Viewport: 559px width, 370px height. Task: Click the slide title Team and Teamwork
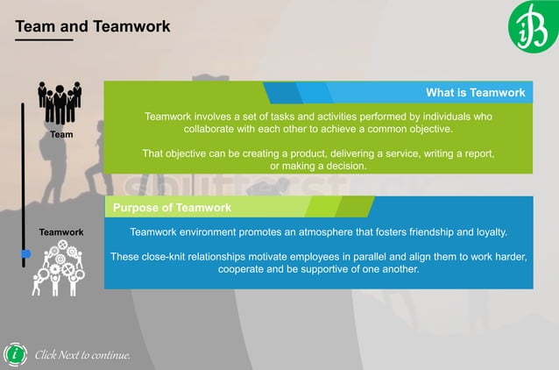(93, 26)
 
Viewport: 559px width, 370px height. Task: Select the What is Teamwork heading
(475, 92)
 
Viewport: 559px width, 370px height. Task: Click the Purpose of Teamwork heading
(172, 208)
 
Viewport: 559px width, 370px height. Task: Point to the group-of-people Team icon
(60, 103)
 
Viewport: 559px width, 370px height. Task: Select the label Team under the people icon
(61, 135)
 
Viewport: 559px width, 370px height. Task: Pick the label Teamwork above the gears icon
(61, 232)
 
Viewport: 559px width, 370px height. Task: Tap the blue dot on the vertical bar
(25, 253)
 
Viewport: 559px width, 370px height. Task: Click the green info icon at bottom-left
(15, 354)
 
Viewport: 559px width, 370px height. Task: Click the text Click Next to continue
(82, 355)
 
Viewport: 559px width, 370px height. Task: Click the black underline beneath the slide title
(44, 39)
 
